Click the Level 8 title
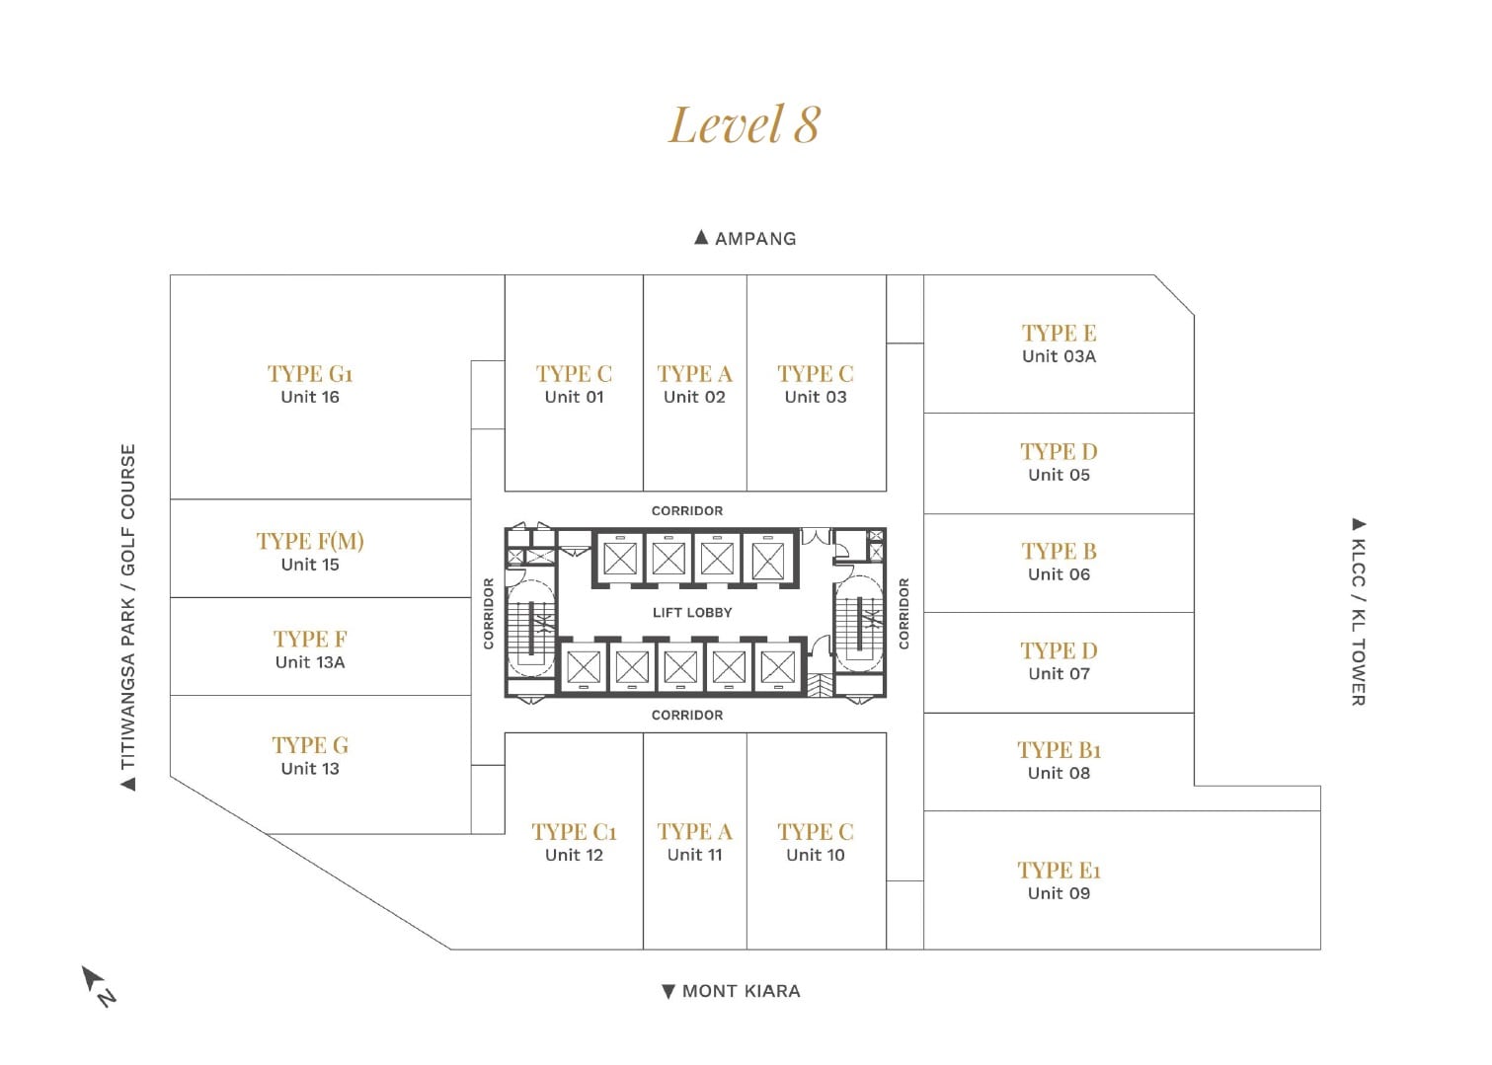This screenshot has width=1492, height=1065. pos(744,125)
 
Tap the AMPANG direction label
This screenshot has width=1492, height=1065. pos(746,238)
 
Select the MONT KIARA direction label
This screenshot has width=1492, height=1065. pos(732,991)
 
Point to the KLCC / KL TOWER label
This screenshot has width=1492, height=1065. pos(1359,611)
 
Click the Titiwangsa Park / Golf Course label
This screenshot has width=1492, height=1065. pos(127,616)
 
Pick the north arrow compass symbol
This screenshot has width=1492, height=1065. pos(98,985)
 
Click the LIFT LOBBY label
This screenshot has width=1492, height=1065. pos(692,612)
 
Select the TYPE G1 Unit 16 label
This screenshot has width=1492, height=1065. pos(310,385)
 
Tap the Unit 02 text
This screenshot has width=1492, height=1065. pos(694,397)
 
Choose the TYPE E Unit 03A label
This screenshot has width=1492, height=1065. pos(1059,343)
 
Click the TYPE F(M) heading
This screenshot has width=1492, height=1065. pos(310,541)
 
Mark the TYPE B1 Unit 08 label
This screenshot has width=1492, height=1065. pos(1059,761)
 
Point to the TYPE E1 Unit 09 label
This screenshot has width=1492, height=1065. pos(1059,880)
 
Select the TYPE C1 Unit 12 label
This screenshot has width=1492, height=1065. pos(574,843)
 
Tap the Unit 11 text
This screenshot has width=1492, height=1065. pos(694,855)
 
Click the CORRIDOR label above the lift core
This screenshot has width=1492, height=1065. pos(687,510)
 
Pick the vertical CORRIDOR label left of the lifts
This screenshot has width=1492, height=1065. pos(488,613)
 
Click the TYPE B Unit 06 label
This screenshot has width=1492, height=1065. pos(1059,562)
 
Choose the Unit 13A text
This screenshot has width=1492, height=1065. pos(310,662)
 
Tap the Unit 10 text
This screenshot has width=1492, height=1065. pos(816,855)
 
